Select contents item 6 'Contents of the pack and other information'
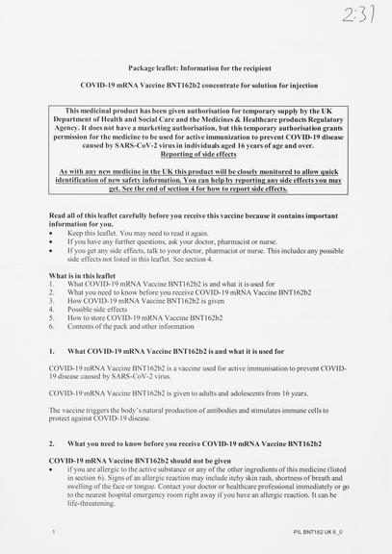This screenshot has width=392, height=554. point(135,327)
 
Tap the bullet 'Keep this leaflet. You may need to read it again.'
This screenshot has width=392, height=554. point(144,234)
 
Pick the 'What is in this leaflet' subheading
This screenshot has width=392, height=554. point(82,275)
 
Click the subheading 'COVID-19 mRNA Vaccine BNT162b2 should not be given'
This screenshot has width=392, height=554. point(140,461)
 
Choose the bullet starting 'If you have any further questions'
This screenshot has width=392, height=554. point(172,242)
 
